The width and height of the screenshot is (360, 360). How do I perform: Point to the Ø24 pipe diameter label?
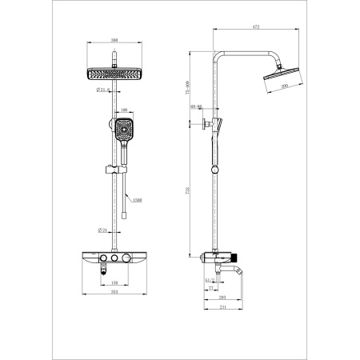[103, 231]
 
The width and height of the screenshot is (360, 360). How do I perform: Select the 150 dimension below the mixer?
[116, 283]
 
